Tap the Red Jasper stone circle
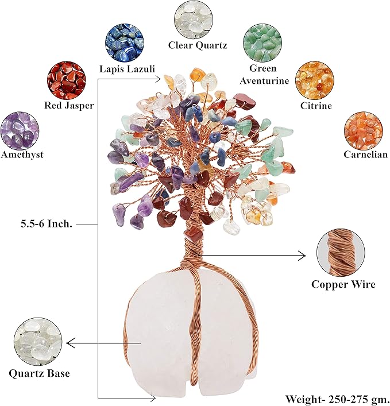(66, 80)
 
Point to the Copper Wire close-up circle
(341, 253)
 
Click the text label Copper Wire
(343, 284)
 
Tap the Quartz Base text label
(40, 373)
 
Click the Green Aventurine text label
(266, 75)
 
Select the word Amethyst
(22, 154)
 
